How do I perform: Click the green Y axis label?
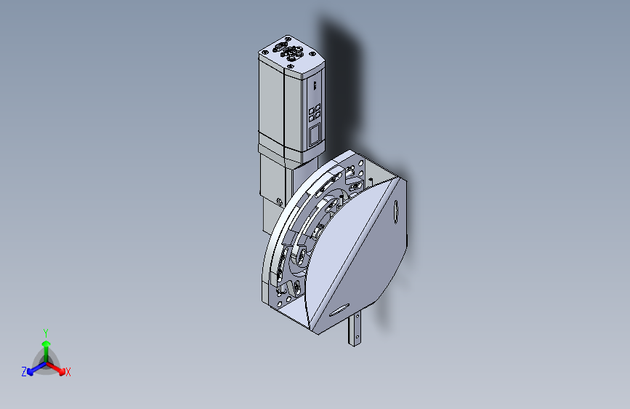pyautogui.click(x=46, y=333)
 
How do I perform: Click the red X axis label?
pyautogui.click(x=68, y=372)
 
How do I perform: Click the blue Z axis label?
pyautogui.click(x=24, y=372)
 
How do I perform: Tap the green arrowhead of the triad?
pyautogui.click(x=47, y=344)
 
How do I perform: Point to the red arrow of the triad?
pyautogui.click(x=55, y=368)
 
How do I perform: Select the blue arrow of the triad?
pyautogui.click(x=37, y=368)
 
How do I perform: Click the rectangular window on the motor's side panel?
pyautogui.click(x=314, y=134)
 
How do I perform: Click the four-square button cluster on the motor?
pyautogui.click(x=314, y=112)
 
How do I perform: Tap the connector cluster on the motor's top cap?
pyautogui.click(x=288, y=50)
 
